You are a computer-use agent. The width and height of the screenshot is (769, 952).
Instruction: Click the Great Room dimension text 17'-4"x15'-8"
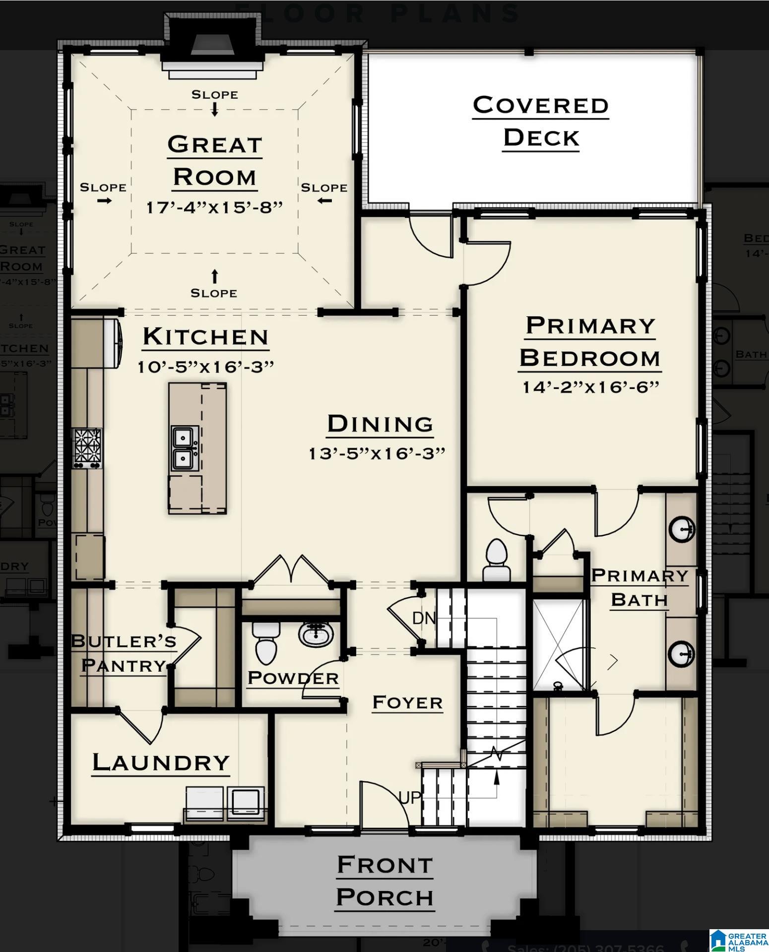214,207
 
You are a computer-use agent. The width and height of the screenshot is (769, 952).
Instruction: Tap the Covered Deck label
541,122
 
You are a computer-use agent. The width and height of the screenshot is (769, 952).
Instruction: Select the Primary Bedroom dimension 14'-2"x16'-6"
590,387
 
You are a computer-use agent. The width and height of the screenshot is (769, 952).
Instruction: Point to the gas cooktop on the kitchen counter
87,448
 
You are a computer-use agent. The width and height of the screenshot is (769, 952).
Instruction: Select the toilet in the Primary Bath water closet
497,560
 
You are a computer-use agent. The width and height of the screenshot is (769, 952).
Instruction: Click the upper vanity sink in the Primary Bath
682,529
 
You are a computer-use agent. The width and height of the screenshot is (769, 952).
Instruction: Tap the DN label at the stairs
424,618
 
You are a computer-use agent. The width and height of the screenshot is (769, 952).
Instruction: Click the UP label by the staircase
410,797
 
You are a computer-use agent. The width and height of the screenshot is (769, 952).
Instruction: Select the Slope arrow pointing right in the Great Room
104,200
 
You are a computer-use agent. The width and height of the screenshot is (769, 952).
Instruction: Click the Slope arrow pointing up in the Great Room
214,276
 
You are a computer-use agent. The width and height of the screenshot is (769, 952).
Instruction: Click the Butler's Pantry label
123,653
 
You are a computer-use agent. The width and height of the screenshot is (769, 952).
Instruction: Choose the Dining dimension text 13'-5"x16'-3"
377,453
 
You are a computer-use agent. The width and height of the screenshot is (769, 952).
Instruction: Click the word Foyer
407,702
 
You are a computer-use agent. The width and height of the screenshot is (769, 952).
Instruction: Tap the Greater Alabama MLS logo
738,940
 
